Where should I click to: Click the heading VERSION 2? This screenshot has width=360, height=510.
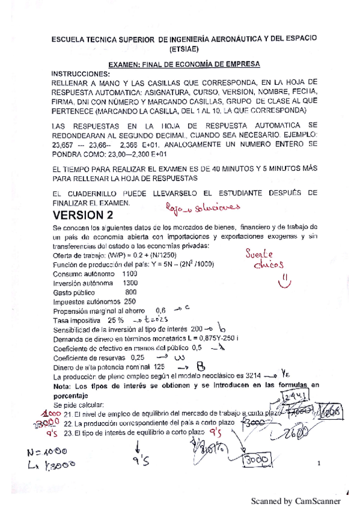pyautogui.click(x=82, y=215)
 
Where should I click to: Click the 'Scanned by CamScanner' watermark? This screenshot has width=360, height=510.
pyautogui.click(x=296, y=500)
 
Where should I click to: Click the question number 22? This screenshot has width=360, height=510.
pyautogui.click(x=68, y=422)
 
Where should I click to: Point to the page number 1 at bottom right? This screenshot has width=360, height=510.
pyautogui.click(x=319, y=464)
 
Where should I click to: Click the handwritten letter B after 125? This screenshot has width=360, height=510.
pyautogui.click(x=201, y=366)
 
